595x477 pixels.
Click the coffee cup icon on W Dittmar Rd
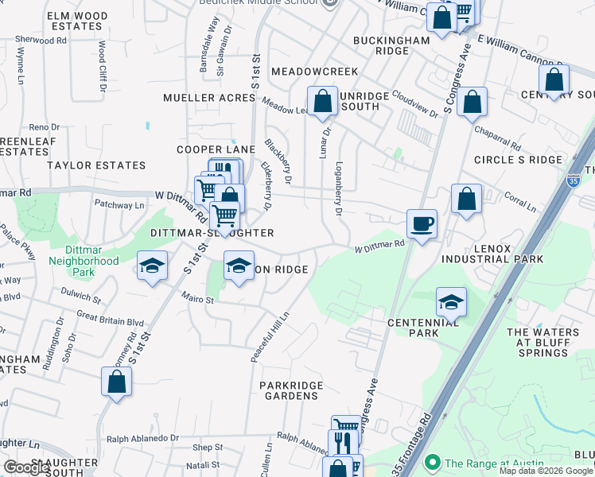(x=422, y=223)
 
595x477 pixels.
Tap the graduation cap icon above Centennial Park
(x=451, y=302)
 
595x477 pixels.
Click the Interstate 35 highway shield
(x=574, y=182)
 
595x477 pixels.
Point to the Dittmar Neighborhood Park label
(x=84, y=266)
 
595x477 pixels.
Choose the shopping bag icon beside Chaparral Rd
(x=472, y=103)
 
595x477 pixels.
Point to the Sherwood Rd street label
(x=40, y=39)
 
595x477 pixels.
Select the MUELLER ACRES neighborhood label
(x=209, y=98)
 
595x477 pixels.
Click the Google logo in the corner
(x=25, y=467)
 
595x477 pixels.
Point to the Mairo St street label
(x=198, y=300)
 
